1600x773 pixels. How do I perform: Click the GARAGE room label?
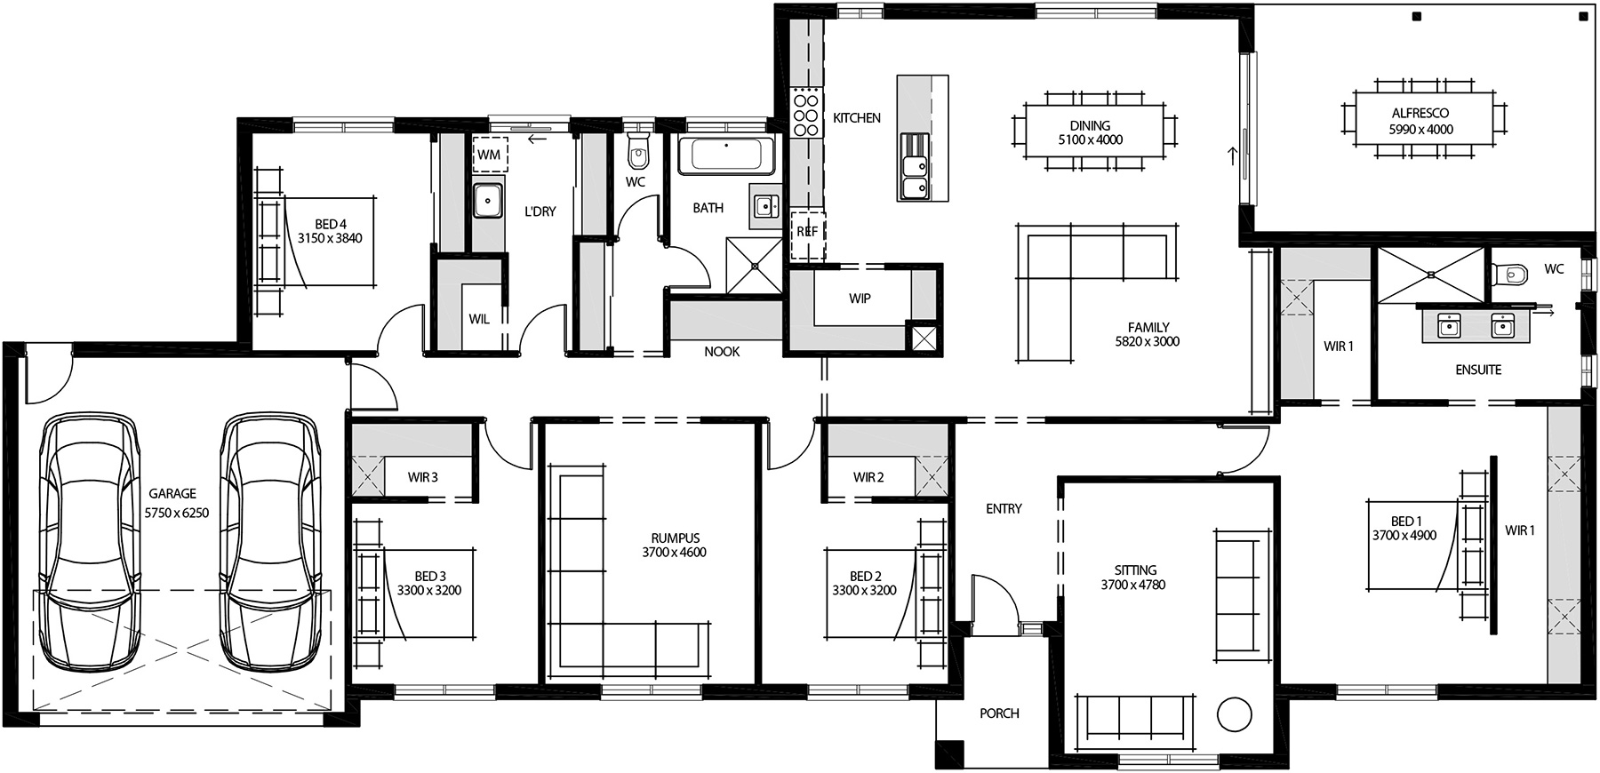tap(172, 493)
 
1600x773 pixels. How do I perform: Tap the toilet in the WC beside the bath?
tap(638, 153)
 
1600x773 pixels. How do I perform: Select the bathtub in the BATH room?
tap(726, 155)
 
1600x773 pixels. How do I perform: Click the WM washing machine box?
tap(489, 154)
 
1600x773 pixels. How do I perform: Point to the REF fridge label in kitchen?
tap(807, 232)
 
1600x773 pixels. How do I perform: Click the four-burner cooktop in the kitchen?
tap(805, 111)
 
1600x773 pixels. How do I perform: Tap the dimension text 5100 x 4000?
tap(1090, 139)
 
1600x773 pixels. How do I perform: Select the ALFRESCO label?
tap(1420, 113)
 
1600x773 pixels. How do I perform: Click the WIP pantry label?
tap(860, 299)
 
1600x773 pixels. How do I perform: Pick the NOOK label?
tap(722, 352)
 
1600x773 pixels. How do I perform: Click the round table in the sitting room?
tap(1234, 713)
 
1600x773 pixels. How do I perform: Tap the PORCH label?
tap(999, 713)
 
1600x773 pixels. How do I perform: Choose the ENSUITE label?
tap(1478, 370)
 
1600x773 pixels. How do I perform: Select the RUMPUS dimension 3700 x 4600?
tap(674, 553)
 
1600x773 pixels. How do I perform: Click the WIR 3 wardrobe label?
tap(423, 477)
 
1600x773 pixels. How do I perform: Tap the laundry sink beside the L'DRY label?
tap(487, 201)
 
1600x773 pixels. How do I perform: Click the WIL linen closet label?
tap(479, 319)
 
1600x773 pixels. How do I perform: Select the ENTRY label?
tap(1004, 508)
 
